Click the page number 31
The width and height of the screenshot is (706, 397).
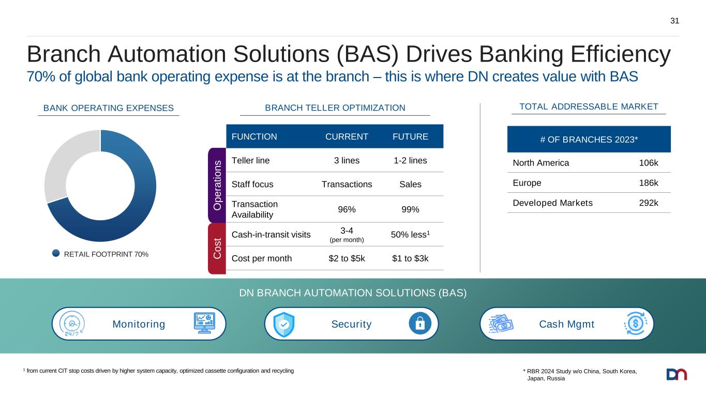coord(674,21)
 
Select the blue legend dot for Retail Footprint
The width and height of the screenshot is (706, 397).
coord(56,253)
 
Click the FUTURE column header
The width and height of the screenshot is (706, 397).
coord(410,136)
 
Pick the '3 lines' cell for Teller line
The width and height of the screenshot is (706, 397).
coord(347,160)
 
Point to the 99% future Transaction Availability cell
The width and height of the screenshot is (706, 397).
coord(410,209)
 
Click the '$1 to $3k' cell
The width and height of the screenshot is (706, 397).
coord(410,258)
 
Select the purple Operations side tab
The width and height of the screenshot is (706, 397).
coord(217,185)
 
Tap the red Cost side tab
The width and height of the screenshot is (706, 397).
coord(217,249)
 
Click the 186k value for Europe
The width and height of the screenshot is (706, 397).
coord(648,183)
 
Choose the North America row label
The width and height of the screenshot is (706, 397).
coord(541,163)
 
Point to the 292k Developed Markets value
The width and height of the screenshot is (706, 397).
coord(648,203)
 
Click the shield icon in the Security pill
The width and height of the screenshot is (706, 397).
coord(284,325)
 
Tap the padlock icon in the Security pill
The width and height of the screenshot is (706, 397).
coord(420,324)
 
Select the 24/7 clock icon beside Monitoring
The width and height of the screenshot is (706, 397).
coord(72,324)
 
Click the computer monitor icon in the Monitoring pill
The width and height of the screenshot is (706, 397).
coord(204,323)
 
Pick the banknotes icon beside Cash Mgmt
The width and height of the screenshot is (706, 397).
coord(501,324)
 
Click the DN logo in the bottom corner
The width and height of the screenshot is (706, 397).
coord(677,374)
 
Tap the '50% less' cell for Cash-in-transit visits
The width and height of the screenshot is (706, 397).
coord(410,234)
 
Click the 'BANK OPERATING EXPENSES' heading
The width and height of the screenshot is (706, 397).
coord(109,108)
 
